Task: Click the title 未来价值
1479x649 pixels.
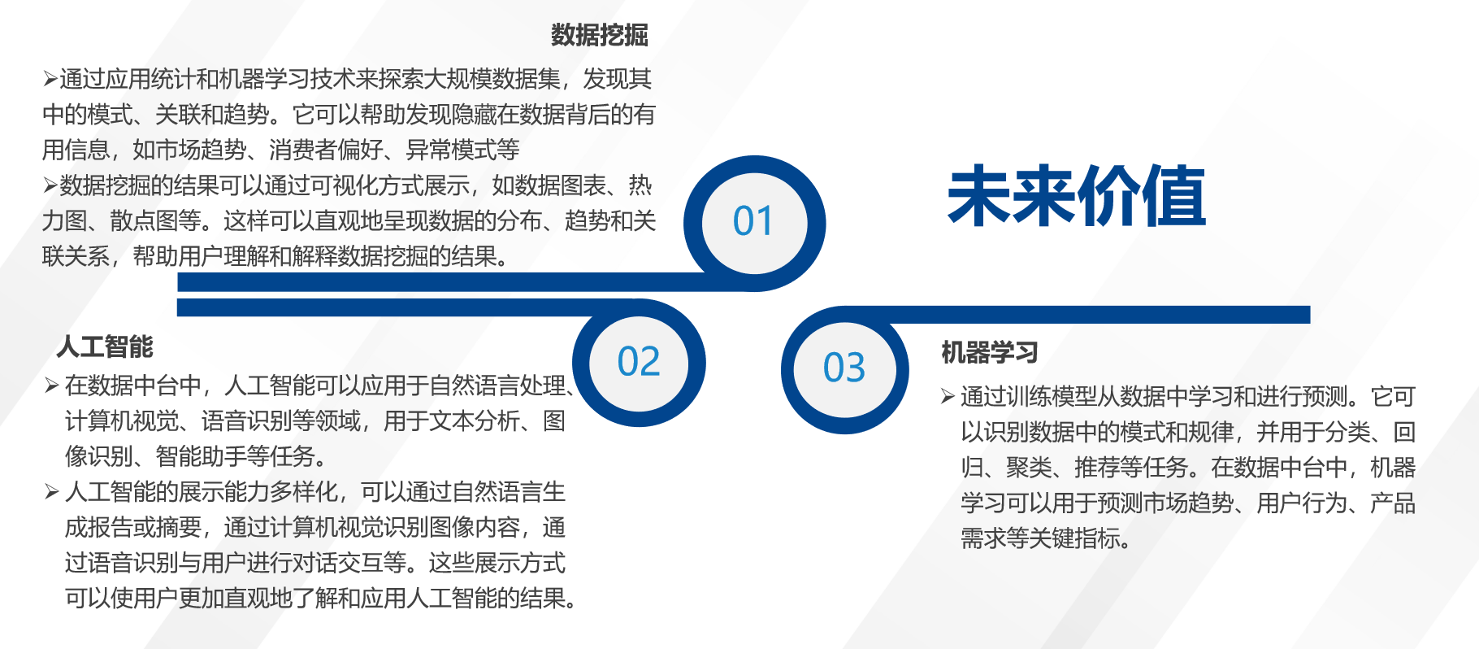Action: [x=1077, y=196]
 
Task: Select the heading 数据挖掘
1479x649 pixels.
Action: [x=600, y=35]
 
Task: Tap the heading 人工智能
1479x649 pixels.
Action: [x=105, y=347]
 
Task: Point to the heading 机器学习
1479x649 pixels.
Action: [x=990, y=353]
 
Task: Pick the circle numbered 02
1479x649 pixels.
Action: [x=640, y=363]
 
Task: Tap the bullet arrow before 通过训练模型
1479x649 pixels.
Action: [x=948, y=397]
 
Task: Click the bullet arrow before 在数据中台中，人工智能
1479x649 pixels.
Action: [x=52, y=385]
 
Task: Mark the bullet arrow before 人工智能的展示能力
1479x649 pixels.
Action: [x=52, y=492]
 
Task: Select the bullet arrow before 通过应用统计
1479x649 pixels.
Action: [x=50, y=80]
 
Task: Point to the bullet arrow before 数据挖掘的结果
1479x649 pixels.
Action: [x=50, y=186]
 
